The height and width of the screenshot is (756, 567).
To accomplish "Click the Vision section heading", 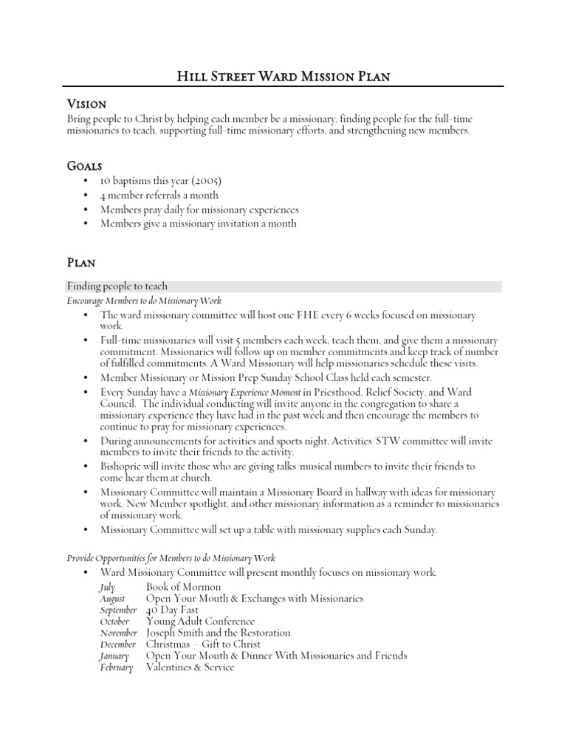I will (x=87, y=104).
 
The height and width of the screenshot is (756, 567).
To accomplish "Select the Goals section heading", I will (x=85, y=166).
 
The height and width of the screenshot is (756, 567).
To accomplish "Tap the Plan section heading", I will (x=82, y=261).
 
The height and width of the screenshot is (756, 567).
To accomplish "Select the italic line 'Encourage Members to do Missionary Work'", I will (x=144, y=300).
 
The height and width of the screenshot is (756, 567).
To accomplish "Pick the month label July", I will (x=108, y=587).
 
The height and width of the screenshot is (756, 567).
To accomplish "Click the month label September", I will (x=118, y=610).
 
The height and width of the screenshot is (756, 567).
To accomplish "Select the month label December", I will (x=117, y=645).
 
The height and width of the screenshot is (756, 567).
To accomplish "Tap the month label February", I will (x=116, y=667).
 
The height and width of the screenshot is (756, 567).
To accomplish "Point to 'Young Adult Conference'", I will (x=200, y=622).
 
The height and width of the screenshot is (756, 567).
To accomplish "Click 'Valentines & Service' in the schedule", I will (x=190, y=667).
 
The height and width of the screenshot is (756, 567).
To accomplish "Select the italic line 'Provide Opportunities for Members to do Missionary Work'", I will (x=171, y=559).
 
